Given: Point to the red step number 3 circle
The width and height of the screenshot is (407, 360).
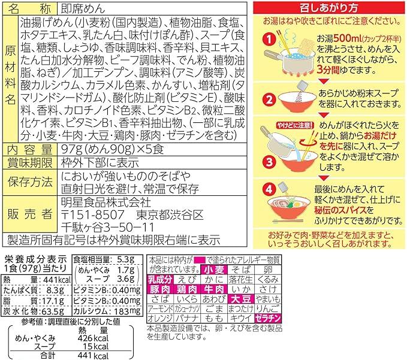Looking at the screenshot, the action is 270,160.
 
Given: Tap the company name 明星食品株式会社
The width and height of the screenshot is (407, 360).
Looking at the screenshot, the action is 97,201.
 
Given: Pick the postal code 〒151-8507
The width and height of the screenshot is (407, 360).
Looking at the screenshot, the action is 89,214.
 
